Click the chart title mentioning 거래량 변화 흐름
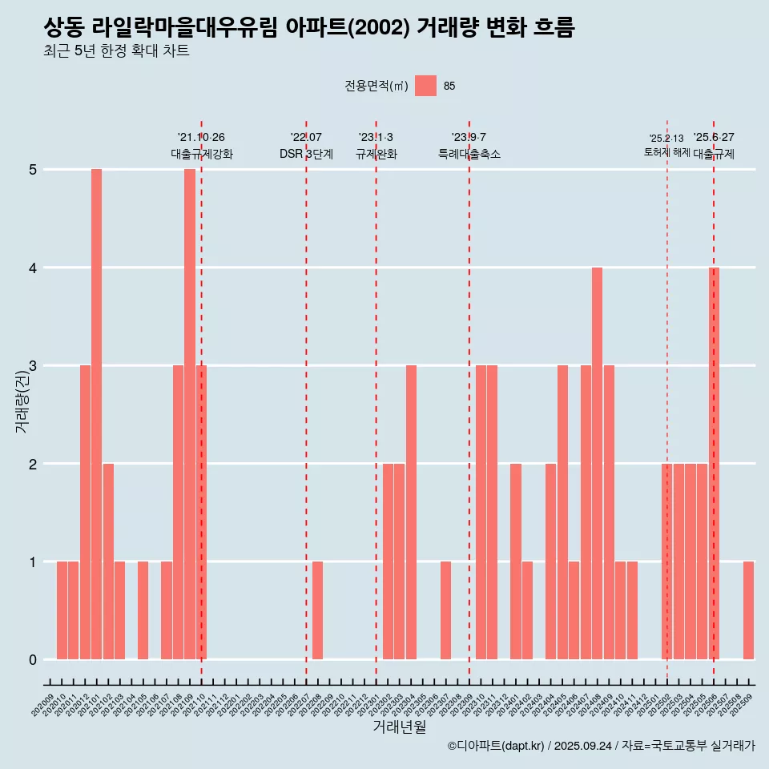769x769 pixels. [x=309, y=28]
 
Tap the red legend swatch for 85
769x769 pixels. [x=425, y=86]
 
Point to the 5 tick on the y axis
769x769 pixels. [x=33, y=170]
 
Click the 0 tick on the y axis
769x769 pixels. [x=33, y=660]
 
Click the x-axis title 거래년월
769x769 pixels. [x=399, y=727]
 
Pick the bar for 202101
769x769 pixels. [x=96, y=414]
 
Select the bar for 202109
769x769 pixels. [x=190, y=414]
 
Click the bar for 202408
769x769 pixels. [x=597, y=463]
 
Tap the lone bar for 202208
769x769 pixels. [x=317, y=610]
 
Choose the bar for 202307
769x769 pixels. [x=445, y=610]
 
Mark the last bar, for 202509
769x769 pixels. [x=748, y=610]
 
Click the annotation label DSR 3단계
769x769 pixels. [x=306, y=154]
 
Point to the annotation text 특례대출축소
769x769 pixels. [x=469, y=154]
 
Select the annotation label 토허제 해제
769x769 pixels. [x=666, y=152]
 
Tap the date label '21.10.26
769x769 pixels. [x=201, y=138]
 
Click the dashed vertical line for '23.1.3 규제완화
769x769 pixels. [x=376, y=401]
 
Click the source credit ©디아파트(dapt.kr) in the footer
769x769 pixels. [x=497, y=746]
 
